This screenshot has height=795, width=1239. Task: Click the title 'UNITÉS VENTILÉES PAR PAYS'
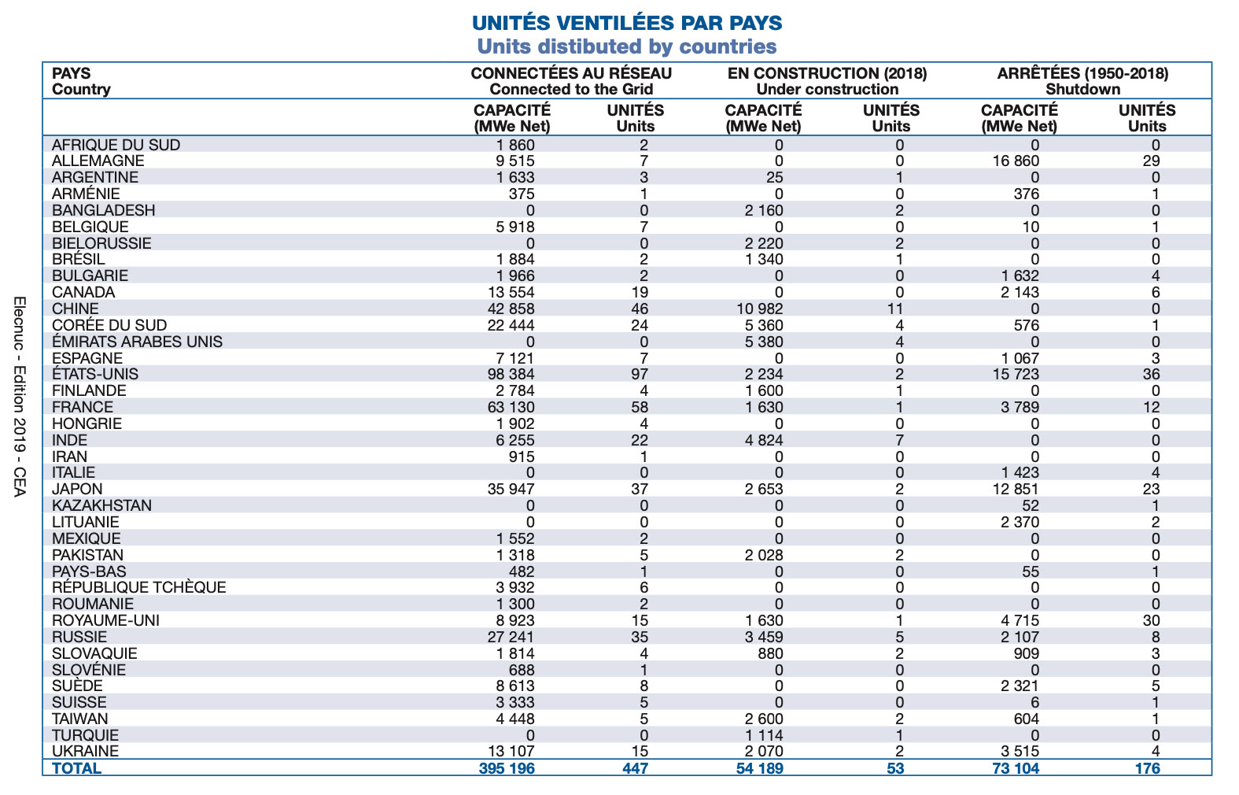[627, 24]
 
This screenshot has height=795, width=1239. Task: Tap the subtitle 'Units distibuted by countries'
[627, 46]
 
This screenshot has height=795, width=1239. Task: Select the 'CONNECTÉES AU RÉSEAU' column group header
[571, 73]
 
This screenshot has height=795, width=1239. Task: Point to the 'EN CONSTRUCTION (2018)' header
[827, 73]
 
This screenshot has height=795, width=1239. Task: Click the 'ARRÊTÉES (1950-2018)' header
[1082, 73]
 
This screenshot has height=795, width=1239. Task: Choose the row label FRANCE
[83, 407]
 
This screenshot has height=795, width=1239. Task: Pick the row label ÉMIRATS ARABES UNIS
[137, 341]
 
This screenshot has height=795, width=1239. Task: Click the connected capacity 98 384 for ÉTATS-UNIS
[511, 374]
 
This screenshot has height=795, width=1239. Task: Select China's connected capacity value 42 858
[511, 309]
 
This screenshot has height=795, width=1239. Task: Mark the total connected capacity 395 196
[507, 768]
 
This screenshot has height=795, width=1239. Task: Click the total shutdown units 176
[1148, 768]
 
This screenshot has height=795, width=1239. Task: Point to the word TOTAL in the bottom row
[76, 768]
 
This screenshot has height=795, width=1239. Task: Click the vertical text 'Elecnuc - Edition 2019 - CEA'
[20, 397]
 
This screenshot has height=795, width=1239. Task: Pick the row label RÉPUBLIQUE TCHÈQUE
[138, 587]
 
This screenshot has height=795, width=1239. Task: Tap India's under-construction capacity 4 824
[764, 440]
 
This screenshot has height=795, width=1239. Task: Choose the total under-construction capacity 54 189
[759, 768]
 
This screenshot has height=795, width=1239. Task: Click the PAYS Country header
[81, 81]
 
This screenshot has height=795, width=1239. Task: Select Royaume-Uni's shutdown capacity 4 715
[1020, 620]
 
